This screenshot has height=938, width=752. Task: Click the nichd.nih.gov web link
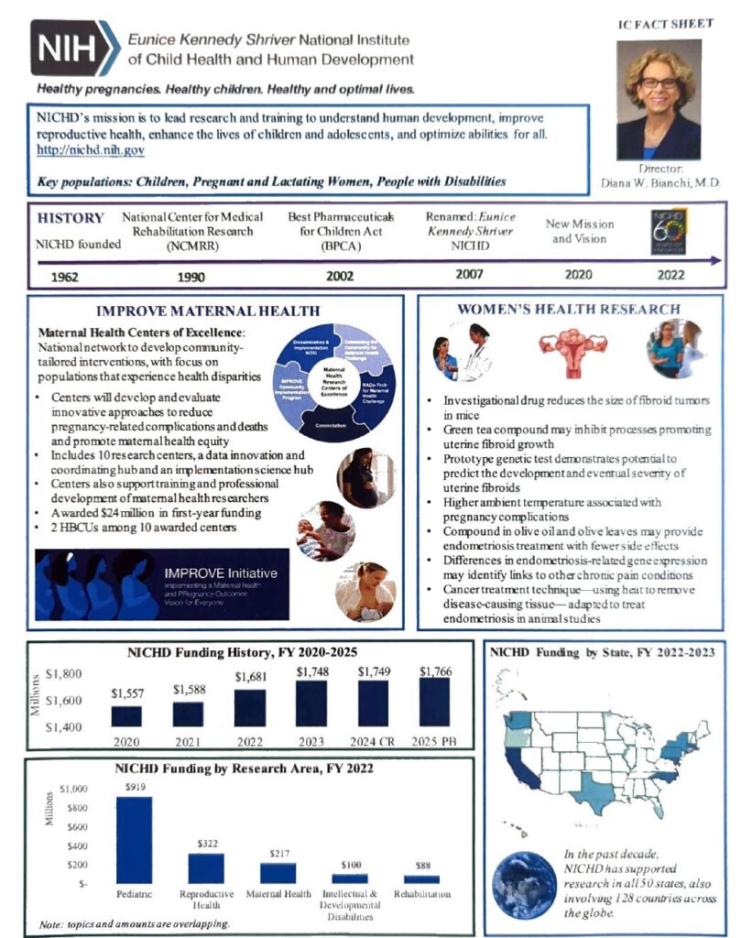[x=91, y=150]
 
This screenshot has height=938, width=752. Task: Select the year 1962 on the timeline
[x=71, y=277]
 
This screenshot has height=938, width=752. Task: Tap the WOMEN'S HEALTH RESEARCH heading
[x=568, y=310]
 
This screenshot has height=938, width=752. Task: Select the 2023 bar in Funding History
[x=311, y=703]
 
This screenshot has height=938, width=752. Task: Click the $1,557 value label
[x=128, y=693]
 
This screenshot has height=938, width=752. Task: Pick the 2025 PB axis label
[x=434, y=741]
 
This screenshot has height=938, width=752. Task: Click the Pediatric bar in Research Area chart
[x=135, y=839]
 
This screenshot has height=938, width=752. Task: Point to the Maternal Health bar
[x=278, y=872]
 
